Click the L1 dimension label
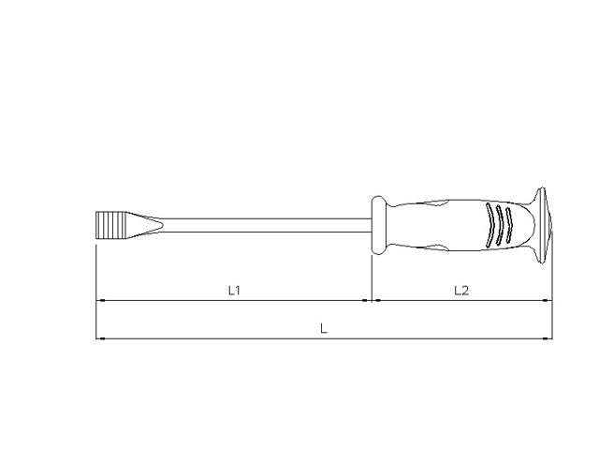point(235,291)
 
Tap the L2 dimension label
point(461,291)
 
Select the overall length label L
point(324,328)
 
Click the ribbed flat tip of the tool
point(111,225)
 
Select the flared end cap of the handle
point(541,225)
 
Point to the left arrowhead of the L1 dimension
point(101,301)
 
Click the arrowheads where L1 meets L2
point(373,301)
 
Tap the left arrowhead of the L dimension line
point(101,337)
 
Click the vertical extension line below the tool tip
point(96,281)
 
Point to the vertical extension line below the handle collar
point(373,277)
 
